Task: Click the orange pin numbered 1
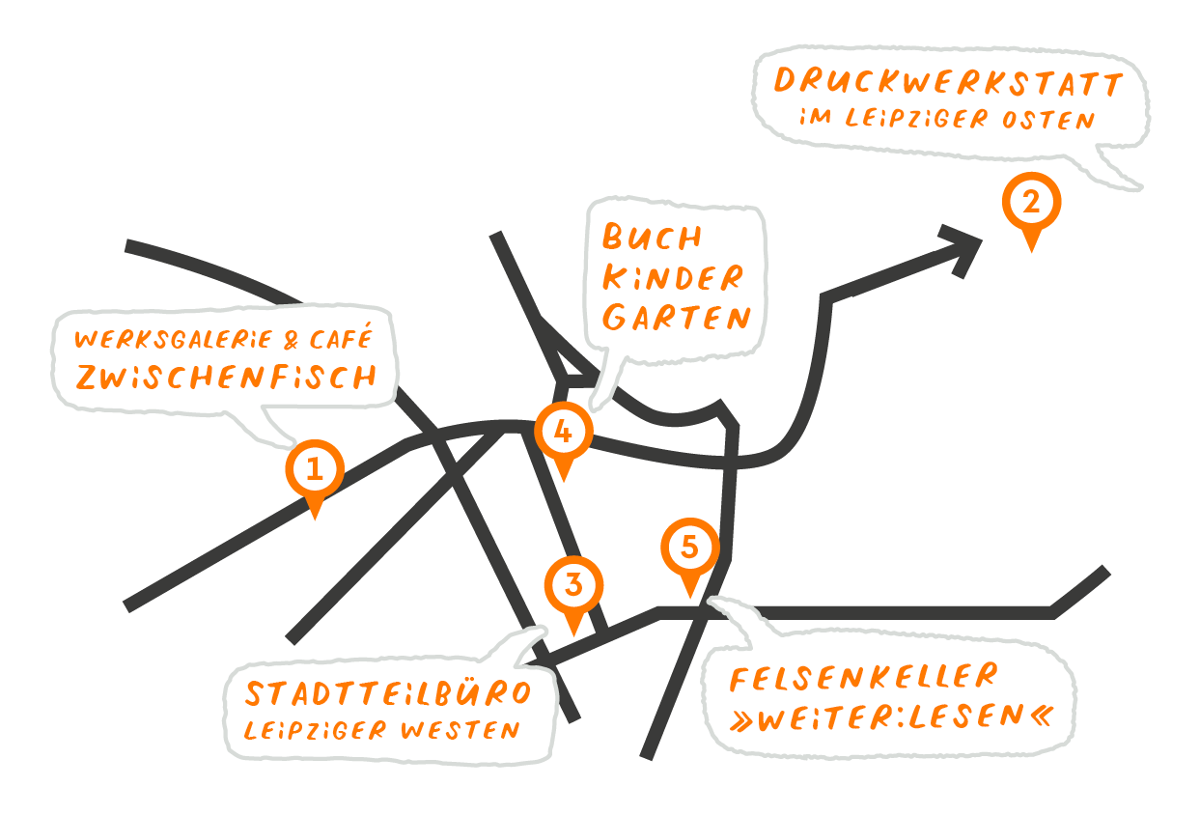click(315, 471)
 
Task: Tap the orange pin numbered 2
click(1031, 205)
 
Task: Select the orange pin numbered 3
click(573, 588)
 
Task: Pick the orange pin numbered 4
click(564, 434)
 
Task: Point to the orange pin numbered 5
click(690, 549)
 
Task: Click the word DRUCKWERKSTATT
click(948, 83)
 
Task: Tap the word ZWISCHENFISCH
click(227, 377)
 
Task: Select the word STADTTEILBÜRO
click(388, 693)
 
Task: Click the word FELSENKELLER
click(864, 677)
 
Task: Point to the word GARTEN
click(676, 317)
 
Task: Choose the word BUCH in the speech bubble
click(652, 237)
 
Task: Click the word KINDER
click(673, 277)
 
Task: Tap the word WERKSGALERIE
click(174, 339)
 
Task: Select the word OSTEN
click(1048, 120)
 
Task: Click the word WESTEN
click(460, 730)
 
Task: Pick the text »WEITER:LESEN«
click(891, 717)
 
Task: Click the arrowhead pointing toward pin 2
click(963, 249)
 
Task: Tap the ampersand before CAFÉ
click(291, 340)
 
